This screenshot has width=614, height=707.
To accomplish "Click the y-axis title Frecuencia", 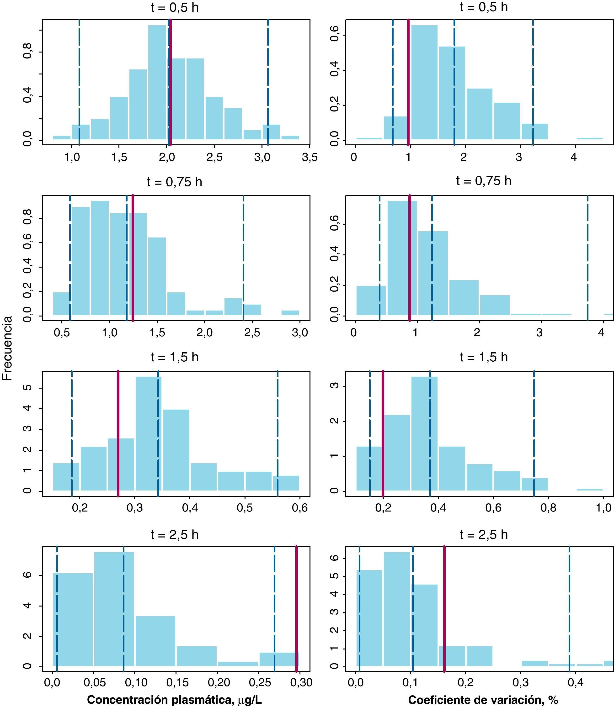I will point(8,348).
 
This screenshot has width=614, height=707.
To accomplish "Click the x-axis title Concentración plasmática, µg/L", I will point(174,699).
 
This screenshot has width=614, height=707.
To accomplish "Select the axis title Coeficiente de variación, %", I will point(483,699).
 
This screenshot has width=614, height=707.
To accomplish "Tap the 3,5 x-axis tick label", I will point(310,158).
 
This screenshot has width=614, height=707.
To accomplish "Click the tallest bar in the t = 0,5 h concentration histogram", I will point(157,82).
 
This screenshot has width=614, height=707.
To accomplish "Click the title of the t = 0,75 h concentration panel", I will point(174,182).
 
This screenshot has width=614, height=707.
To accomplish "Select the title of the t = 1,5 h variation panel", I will point(483,357).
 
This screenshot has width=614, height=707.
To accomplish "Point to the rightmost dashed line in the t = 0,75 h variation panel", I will point(587,257).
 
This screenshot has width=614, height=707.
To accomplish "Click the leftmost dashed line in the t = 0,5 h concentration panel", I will point(79,82).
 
